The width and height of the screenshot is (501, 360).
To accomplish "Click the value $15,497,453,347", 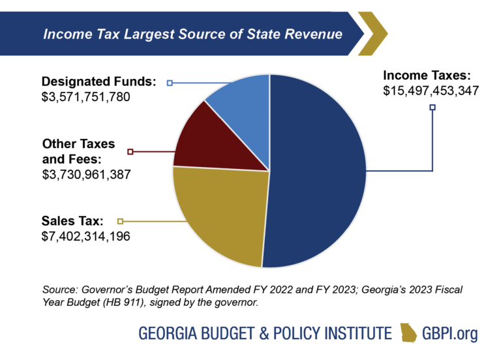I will pyautogui.click(x=431, y=91).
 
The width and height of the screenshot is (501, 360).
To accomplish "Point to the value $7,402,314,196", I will pyautogui.click(x=85, y=236).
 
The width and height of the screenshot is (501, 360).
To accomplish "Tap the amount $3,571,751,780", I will pyautogui.click(x=86, y=98).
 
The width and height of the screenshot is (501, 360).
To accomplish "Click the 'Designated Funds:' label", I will pyautogui.click(x=99, y=82).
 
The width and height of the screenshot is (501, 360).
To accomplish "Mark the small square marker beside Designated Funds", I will pyautogui.click(x=170, y=83).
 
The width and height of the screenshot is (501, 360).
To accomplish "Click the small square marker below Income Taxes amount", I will pyautogui.click(x=432, y=108).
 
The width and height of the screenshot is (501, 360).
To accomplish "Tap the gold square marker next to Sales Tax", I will pyautogui.click(x=120, y=220).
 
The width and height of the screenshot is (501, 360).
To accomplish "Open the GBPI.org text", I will pyautogui.click(x=450, y=333).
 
